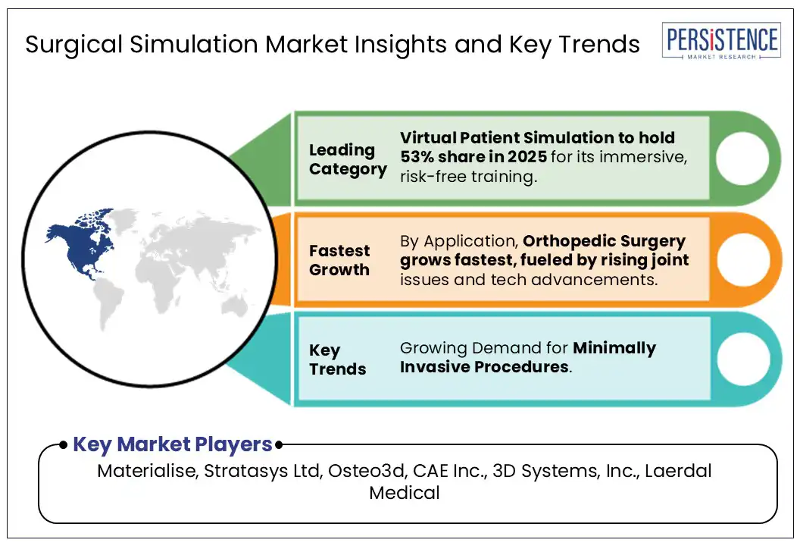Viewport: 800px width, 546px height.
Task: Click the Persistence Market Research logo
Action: [721, 41]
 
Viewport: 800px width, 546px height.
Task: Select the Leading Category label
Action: [348, 159]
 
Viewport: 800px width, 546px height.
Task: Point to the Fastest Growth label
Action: [339, 260]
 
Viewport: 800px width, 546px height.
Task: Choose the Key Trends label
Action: [337, 359]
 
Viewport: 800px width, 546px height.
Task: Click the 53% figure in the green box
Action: [417, 156]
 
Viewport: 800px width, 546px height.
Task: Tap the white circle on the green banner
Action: [742, 158]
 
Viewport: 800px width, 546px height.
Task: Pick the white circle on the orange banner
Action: [742, 259]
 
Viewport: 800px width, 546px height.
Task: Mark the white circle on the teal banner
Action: [742, 359]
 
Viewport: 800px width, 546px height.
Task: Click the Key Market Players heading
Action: [173, 444]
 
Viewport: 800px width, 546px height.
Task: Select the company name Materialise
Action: [148, 470]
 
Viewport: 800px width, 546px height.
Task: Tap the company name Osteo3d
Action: [366, 470]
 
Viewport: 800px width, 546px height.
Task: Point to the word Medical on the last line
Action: [405, 492]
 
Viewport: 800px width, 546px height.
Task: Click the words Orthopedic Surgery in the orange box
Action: [604, 241]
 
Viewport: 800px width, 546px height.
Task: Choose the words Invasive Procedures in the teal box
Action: [484, 367]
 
